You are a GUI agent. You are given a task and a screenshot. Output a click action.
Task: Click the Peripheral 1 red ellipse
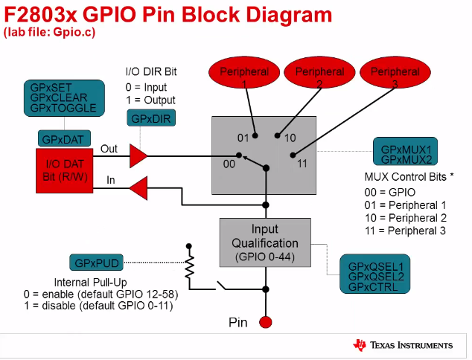click(x=243, y=74)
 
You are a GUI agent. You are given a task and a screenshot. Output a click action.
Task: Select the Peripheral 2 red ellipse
click(x=319, y=74)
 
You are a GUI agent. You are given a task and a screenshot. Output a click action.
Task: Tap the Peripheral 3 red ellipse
click(x=395, y=74)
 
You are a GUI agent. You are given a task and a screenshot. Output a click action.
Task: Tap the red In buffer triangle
click(x=138, y=188)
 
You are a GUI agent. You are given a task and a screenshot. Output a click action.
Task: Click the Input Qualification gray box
click(x=264, y=242)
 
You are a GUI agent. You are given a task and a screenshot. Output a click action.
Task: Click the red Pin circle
click(x=266, y=322)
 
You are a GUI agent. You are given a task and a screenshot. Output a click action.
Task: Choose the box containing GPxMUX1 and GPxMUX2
click(x=405, y=154)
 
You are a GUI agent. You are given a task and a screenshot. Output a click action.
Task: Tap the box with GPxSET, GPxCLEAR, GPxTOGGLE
click(x=60, y=97)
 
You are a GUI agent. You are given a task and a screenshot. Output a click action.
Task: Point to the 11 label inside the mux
click(x=301, y=163)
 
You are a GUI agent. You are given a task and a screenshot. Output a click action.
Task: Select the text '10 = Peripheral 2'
click(x=406, y=217)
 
